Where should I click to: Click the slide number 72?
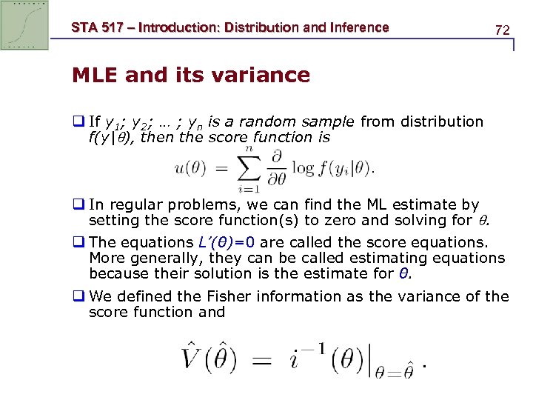502,30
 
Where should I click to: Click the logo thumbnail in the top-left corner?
25,25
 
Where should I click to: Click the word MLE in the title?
95,75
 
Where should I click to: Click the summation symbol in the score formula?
249,168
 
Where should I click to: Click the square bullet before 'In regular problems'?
78,204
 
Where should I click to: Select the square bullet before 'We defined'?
78,296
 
